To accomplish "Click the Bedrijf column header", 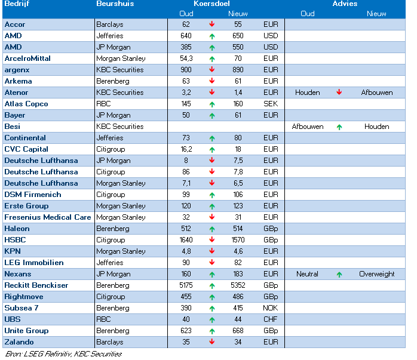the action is click(x=17, y=4).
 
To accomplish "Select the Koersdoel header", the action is click(x=211, y=4).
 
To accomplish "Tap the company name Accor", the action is click(x=15, y=24).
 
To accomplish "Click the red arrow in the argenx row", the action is click(x=212, y=69).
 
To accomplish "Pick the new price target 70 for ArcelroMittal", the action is click(x=238, y=59).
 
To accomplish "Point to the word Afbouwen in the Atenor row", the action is click(x=376, y=93).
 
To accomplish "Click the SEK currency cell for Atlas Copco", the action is click(x=271, y=104).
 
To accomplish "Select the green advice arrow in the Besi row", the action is click(x=339, y=127).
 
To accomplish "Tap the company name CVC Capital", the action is click(x=26, y=149).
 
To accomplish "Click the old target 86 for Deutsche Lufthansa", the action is click(x=186, y=172).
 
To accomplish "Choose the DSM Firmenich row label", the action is click(x=33, y=195).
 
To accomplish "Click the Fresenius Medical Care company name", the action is click(x=48, y=217).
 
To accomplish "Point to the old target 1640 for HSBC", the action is click(x=186, y=240).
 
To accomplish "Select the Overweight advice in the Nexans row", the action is click(x=376, y=274).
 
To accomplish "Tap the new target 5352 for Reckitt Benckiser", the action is click(x=238, y=285).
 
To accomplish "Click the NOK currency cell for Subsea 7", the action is click(x=271, y=308).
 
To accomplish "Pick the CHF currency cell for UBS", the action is click(x=271, y=319).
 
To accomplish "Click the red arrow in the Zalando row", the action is click(x=212, y=341).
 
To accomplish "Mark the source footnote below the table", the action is click(x=63, y=354).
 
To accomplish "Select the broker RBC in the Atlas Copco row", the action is click(x=103, y=104).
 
